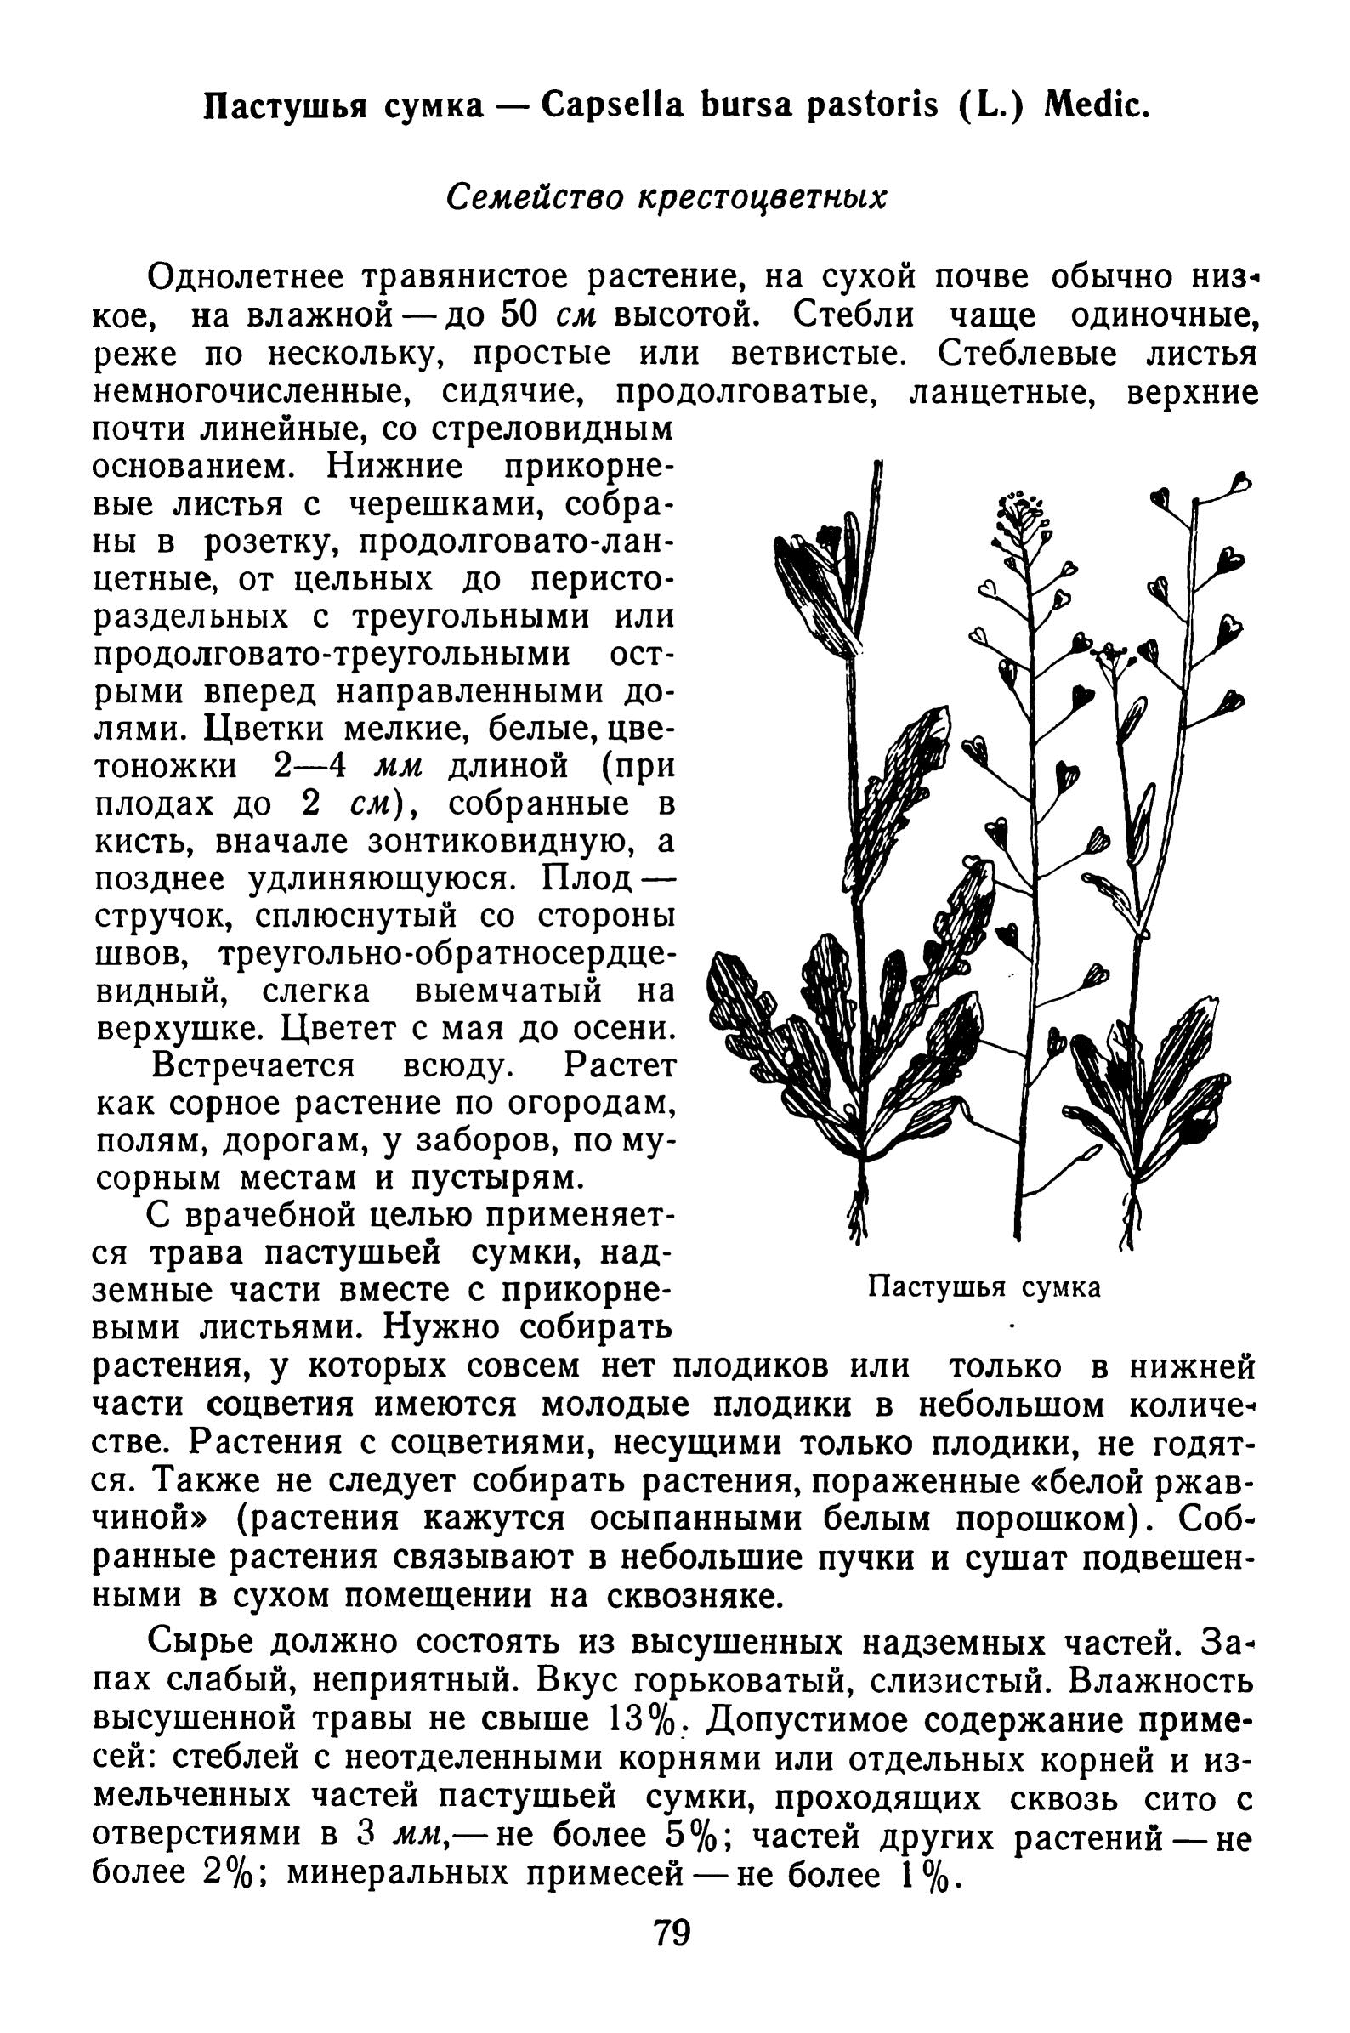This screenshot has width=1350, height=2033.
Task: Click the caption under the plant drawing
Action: click(984, 1287)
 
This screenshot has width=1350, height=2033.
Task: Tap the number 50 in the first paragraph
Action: click(519, 316)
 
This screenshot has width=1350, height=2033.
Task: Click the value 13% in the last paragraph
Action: click(644, 1721)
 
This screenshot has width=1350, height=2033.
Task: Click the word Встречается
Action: click(254, 1067)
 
